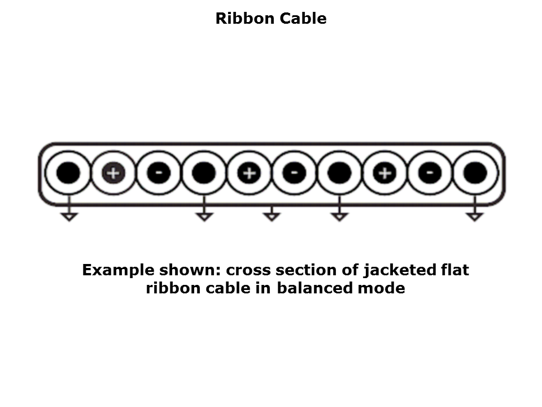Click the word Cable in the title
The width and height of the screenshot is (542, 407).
[x=303, y=18]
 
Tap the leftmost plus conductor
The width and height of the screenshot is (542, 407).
[x=113, y=173]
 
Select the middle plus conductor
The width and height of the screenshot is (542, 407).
[x=249, y=173]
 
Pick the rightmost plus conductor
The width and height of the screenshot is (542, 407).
[x=384, y=173]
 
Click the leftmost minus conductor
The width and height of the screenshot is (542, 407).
[x=159, y=173]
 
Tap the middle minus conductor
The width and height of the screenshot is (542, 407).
[x=294, y=173]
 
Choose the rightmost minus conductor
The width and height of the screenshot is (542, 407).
[x=430, y=173]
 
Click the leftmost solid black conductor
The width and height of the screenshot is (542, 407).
[x=68, y=173]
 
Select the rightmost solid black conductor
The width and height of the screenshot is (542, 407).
[x=475, y=173]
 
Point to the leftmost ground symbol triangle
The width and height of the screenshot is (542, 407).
[x=69, y=217]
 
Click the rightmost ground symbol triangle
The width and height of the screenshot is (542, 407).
[x=475, y=217]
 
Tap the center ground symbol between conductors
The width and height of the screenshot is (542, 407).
[x=272, y=216]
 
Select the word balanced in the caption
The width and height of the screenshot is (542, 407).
[x=314, y=288]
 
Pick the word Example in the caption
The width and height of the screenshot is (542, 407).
[x=118, y=270]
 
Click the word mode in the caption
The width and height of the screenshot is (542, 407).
[x=381, y=288]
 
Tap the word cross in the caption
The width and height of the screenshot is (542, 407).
[x=248, y=271]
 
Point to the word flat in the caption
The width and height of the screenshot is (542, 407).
[x=454, y=270]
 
